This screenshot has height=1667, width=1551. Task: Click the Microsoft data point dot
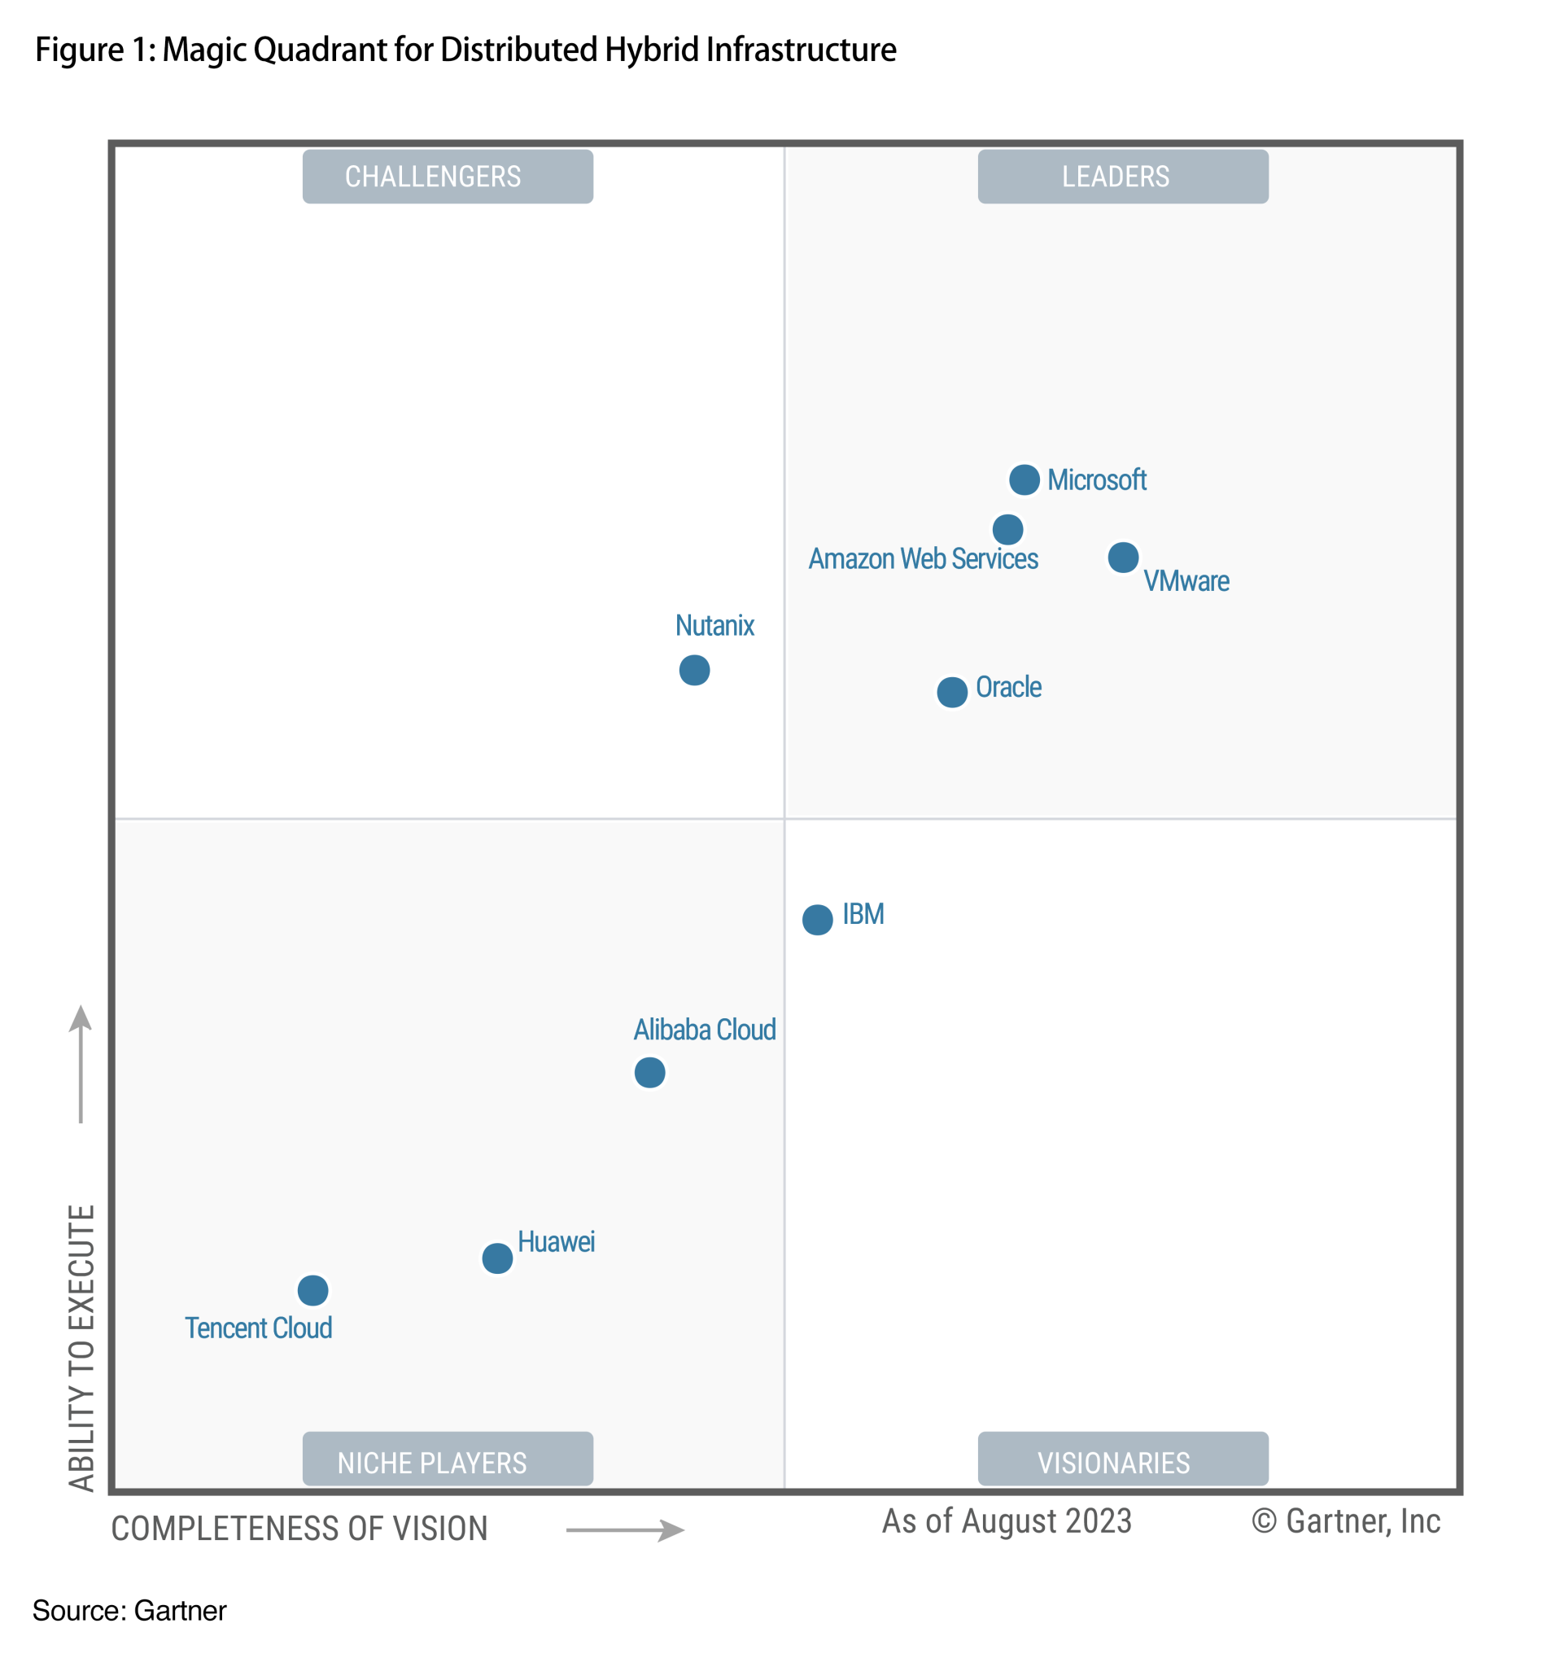(x=1024, y=479)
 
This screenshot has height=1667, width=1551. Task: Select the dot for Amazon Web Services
(x=1007, y=529)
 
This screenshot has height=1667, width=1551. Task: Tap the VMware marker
(x=1123, y=557)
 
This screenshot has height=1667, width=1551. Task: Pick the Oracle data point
(x=951, y=692)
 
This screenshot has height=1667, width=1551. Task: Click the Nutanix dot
(x=694, y=670)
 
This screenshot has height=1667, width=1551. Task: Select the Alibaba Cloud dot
(x=649, y=1072)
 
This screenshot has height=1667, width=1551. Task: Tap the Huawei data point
(x=497, y=1258)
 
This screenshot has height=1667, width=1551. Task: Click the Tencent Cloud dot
(x=312, y=1289)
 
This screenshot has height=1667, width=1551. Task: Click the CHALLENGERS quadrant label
(x=448, y=177)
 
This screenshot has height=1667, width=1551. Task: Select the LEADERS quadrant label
(x=1122, y=177)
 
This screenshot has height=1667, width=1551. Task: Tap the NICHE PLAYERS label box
(x=448, y=1463)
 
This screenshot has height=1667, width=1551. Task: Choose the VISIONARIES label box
(x=1122, y=1463)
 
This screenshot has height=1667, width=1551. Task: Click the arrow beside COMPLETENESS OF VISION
(x=625, y=1529)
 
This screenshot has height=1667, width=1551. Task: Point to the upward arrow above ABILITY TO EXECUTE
(x=81, y=1063)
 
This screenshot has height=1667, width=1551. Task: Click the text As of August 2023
(x=1006, y=1521)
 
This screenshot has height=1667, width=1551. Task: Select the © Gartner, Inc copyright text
(x=1345, y=1521)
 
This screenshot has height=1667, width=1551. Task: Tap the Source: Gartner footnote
(x=129, y=1610)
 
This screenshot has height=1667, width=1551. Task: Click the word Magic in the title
(x=204, y=50)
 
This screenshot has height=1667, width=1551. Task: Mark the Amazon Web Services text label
(x=922, y=558)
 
